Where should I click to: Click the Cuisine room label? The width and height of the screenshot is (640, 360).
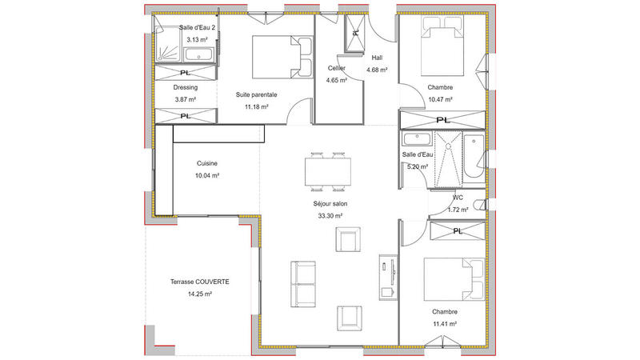(x=207, y=163)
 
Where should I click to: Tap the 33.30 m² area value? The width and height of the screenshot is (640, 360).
(x=328, y=216)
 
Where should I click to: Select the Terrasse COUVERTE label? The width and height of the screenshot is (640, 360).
(x=200, y=282)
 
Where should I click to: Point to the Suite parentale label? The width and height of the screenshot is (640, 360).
(x=256, y=94)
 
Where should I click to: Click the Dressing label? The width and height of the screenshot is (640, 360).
(x=186, y=87)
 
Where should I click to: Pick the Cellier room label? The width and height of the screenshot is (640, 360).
(x=336, y=68)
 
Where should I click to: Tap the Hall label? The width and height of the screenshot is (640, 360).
(x=378, y=58)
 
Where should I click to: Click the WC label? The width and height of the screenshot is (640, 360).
(x=458, y=197)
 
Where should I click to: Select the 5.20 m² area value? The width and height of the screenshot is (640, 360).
(x=416, y=167)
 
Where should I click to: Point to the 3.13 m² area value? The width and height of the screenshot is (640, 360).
(x=198, y=38)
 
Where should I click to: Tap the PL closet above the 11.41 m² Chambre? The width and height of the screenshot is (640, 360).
(x=457, y=231)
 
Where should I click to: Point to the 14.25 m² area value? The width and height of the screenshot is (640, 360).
(x=200, y=294)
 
